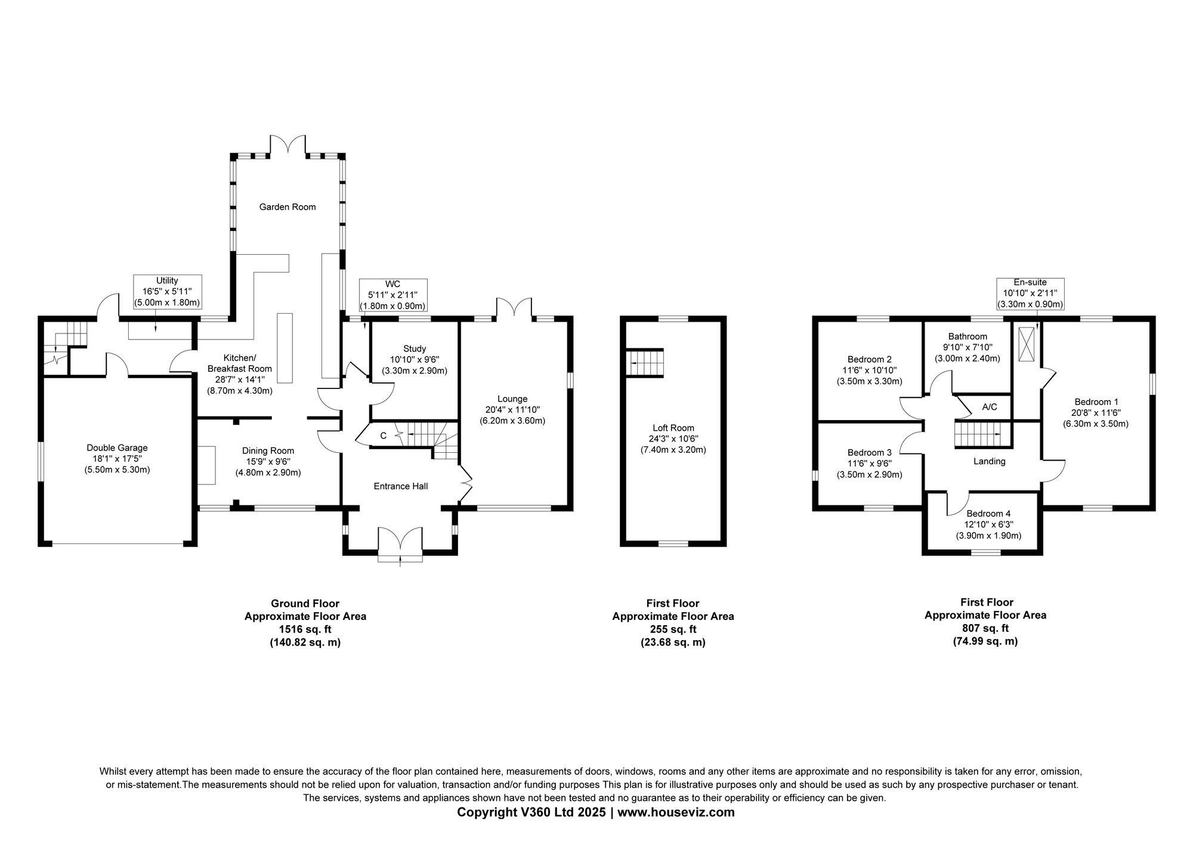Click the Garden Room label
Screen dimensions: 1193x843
coord(287,207)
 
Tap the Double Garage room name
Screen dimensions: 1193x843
coord(117,448)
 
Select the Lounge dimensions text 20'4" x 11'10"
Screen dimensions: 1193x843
coord(512,410)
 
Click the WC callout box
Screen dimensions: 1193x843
coord(393,295)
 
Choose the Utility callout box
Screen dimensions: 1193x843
coord(167,291)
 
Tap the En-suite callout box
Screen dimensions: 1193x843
coord(1030,294)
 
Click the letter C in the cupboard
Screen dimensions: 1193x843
coord(384,436)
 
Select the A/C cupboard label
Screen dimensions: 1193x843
coord(990,407)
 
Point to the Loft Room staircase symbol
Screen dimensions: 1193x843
coord(645,363)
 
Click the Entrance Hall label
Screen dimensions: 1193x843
coord(401,486)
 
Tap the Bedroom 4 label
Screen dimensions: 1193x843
coord(988,514)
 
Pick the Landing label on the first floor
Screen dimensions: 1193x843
coord(990,461)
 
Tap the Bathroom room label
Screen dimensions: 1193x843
coord(968,336)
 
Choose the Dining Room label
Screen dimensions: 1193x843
coord(268,451)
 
